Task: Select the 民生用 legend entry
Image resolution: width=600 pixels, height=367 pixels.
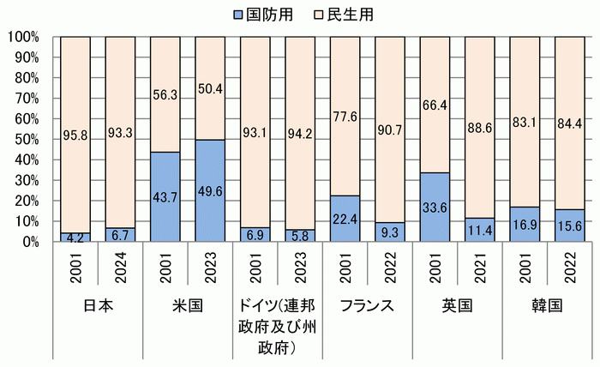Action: point(345,15)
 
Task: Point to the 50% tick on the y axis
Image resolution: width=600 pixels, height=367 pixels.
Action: point(24,140)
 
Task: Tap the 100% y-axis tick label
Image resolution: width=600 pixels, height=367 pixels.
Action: point(21,37)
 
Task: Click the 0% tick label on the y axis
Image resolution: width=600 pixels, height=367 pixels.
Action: point(28,242)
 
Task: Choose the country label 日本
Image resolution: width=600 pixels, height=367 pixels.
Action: point(97,308)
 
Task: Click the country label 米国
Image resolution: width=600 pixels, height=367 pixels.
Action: point(187,308)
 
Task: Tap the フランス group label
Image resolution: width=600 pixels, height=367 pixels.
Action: point(367,308)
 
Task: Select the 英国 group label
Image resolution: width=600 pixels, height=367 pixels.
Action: point(457,308)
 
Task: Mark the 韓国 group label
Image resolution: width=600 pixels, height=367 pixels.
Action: point(547,308)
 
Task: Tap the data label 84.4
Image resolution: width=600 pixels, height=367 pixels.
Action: point(569,134)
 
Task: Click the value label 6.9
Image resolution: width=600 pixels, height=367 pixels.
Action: point(255,232)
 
